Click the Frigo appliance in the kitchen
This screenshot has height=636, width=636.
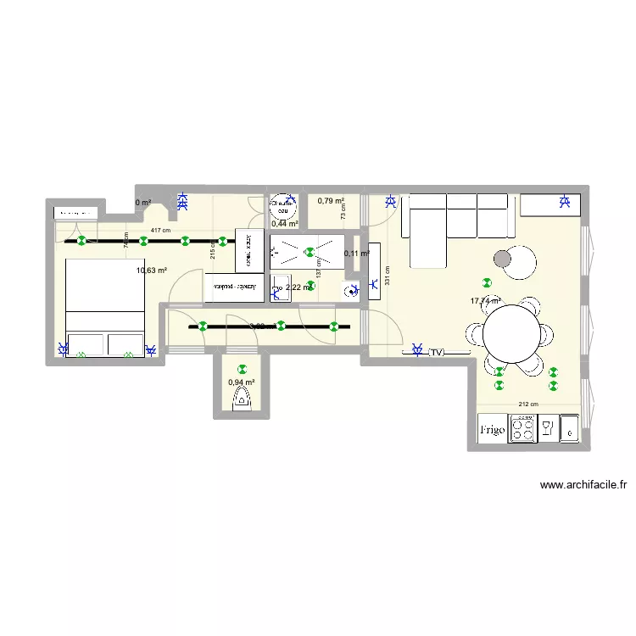[492, 430]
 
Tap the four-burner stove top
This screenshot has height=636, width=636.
[522, 430]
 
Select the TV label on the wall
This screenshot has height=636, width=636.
[437, 352]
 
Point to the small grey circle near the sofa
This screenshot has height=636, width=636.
[503, 259]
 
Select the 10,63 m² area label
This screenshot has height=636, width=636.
[152, 271]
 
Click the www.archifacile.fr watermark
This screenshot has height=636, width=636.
[583, 486]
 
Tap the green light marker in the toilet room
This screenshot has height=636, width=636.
[242, 369]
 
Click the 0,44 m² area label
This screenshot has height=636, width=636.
[284, 224]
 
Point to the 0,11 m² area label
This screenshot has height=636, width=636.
[356, 254]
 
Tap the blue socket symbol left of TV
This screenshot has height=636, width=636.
[416, 348]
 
